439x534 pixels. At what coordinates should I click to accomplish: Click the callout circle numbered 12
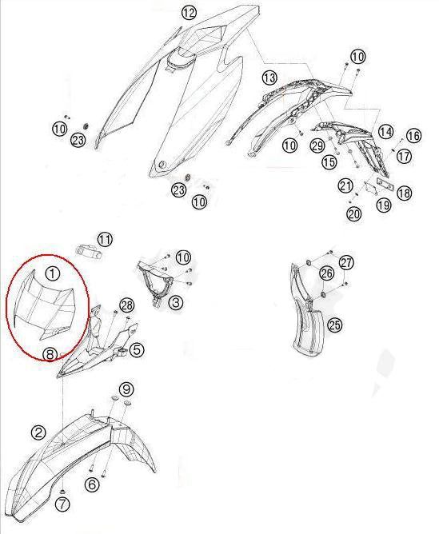[x=189, y=13]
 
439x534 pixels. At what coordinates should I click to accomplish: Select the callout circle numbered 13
[x=269, y=78]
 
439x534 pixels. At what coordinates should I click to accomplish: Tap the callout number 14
[x=385, y=131]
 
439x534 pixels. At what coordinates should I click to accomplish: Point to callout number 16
[x=413, y=136]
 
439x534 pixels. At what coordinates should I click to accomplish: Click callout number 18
[x=405, y=193]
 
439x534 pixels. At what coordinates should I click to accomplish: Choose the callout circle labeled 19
[x=384, y=205]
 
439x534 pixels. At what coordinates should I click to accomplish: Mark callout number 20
[x=354, y=214]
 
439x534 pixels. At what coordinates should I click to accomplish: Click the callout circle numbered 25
[x=334, y=325]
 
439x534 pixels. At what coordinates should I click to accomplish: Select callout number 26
[x=326, y=273]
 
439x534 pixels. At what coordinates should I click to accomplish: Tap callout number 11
[x=105, y=239]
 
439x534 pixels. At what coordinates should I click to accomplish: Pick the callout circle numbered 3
[x=176, y=302]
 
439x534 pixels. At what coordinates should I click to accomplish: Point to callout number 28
[x=126, y=305]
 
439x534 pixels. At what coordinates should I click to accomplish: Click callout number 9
[x=126, y=389]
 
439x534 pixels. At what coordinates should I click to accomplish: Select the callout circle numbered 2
[x=38, y=432]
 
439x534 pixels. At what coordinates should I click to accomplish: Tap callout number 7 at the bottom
[x=62, y=504]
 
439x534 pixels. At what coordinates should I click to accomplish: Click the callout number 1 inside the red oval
[x=53, y=273]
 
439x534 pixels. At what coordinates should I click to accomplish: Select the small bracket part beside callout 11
[x=89, y=249]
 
